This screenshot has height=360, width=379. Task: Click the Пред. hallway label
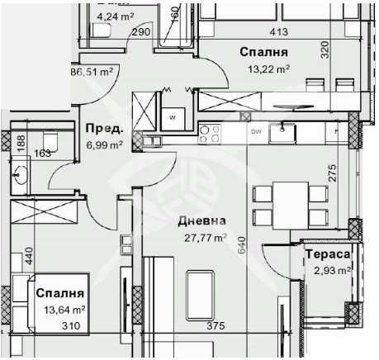point(104,129)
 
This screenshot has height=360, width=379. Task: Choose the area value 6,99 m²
point(104,144)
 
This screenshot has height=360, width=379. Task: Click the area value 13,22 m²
point(263,69)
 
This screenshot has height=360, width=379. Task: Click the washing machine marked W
point(173,117)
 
